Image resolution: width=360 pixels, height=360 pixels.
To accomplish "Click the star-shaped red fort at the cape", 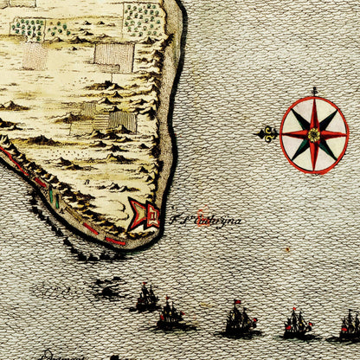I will coord(145,214).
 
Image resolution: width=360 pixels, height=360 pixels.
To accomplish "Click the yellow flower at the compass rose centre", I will coord(313,134).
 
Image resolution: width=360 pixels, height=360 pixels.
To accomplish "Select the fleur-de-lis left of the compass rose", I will coord(267,133).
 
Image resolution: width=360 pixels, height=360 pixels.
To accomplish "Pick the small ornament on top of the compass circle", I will coord(314,91).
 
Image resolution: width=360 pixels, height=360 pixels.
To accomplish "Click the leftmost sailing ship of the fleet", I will coord(145,299).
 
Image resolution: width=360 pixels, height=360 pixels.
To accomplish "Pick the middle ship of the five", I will coord(239,321).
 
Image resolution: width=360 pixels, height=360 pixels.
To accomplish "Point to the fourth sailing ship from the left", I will coord(297,324).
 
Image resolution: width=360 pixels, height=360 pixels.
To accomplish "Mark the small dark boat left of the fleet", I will coord(107,292).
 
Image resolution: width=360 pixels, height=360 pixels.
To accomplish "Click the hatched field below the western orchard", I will coord(35,55).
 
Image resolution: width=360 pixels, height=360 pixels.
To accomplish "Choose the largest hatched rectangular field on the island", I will coord(114,57).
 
